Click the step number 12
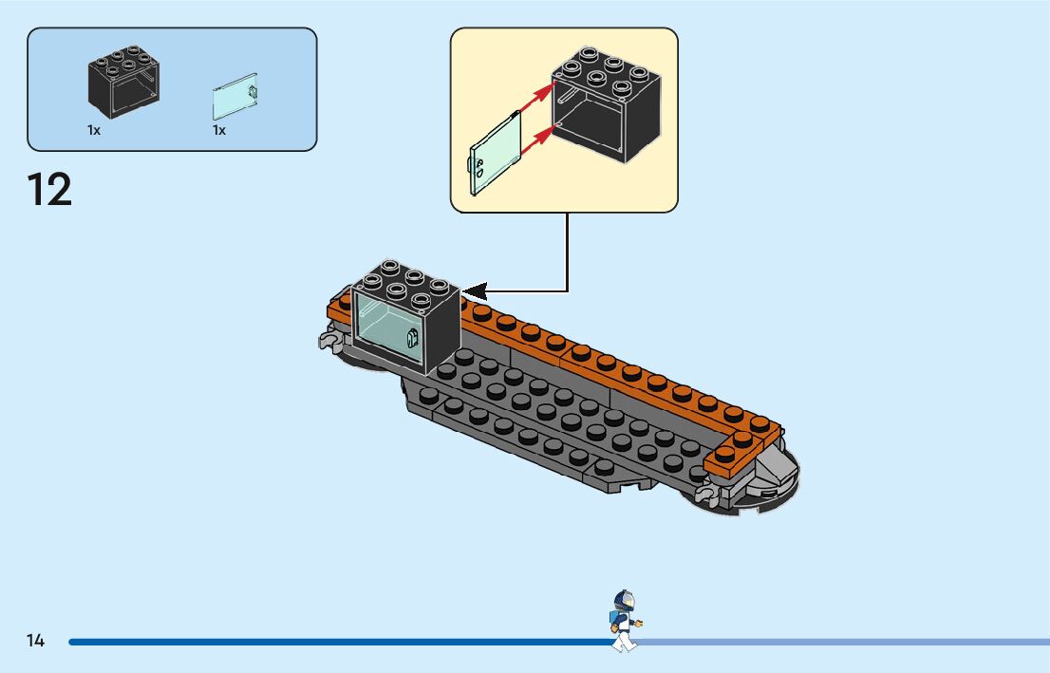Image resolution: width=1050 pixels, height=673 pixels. pyautogui.click(x=49, y=190)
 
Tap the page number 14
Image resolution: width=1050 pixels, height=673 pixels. pyautogui.click(x=35, y=642)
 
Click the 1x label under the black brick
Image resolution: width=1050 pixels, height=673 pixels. pyautogui.click(x=94, y=131)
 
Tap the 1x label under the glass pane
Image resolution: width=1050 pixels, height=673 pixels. pyautogui.click(x=219, y=131)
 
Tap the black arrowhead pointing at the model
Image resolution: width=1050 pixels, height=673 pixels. pyautogui.click(x=475, y=290)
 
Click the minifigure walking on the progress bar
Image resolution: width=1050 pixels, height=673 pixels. pyautogui.click(x=623, y=621)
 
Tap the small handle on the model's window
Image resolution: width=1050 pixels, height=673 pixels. pyautogui.click(x=413, y=339)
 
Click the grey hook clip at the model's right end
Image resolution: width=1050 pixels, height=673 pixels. pyautogui.click(x=705, y=495)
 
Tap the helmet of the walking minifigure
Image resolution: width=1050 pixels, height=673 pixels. pyautogui.click(x=624, y=601)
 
